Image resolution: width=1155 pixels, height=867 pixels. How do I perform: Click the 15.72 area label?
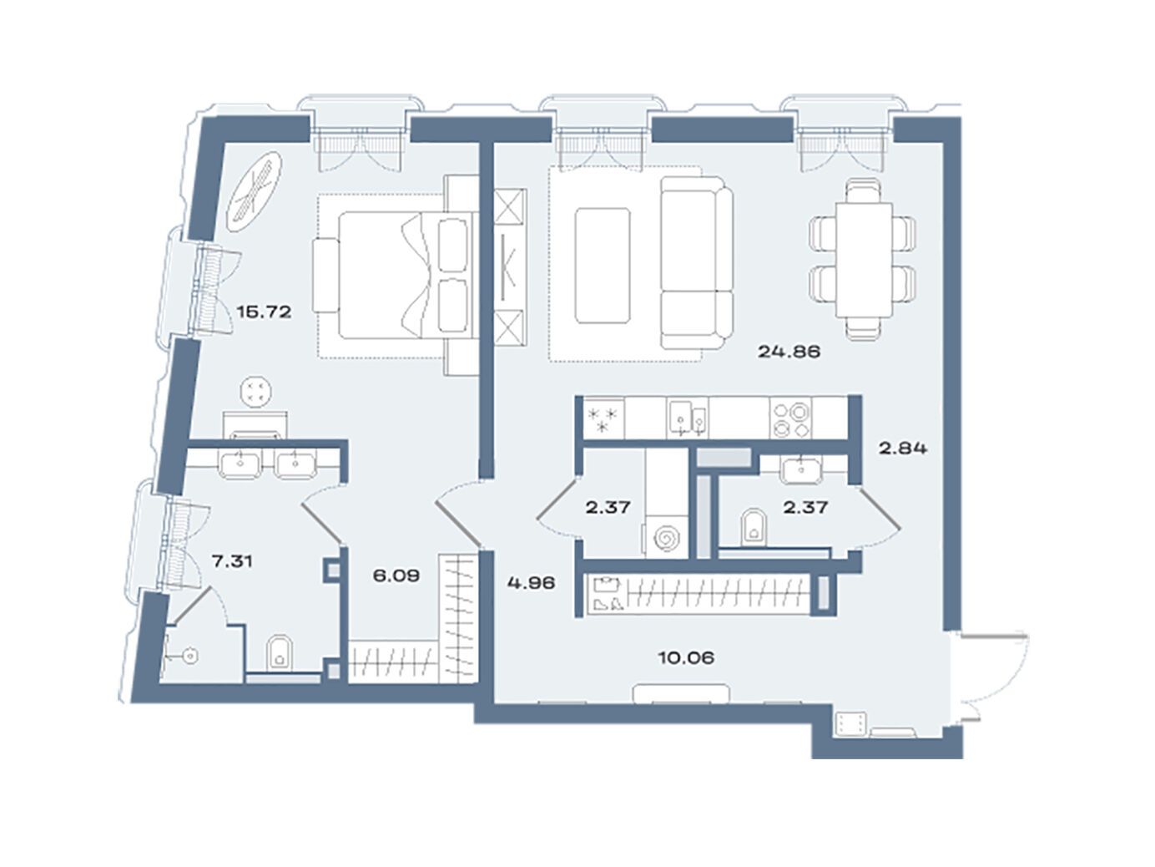coord(263,312)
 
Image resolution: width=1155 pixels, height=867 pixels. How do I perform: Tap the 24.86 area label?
coord(789,351)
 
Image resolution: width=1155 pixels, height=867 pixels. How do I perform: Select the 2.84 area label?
coord(902,448)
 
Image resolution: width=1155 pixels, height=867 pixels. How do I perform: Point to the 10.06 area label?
coord(686,657)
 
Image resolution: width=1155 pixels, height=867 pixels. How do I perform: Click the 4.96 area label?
coord(532,583)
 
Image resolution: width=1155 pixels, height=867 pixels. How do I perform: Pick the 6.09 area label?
coord(396,575)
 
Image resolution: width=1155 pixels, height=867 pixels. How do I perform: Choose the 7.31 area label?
coord(231,561)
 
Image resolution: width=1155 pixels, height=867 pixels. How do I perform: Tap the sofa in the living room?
coord(696,262)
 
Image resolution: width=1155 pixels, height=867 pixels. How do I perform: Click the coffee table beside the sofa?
coord(603,265)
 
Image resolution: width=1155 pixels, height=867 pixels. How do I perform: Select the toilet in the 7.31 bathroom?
coord(280,654)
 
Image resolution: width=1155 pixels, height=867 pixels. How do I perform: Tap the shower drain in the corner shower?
coord(190,656)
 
